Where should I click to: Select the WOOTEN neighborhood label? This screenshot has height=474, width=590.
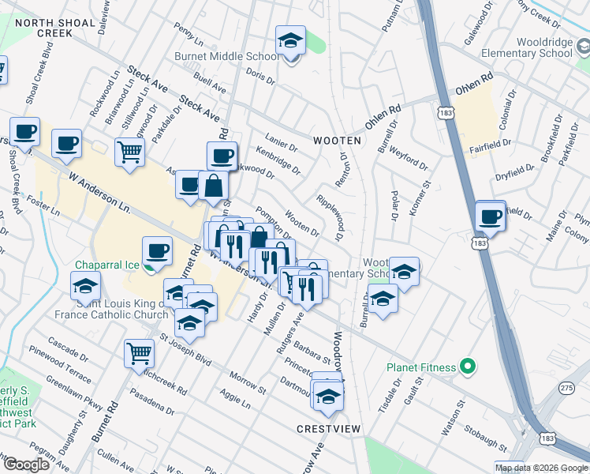point(337,141)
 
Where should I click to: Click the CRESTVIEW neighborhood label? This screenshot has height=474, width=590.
point(328,428)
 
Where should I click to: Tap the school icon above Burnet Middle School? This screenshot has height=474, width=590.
point(290,41)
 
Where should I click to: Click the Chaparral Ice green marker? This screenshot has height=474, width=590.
point(148,265)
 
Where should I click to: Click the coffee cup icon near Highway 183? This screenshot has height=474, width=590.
point(490,216)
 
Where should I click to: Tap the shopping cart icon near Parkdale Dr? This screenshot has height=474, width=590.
point(129,152)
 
